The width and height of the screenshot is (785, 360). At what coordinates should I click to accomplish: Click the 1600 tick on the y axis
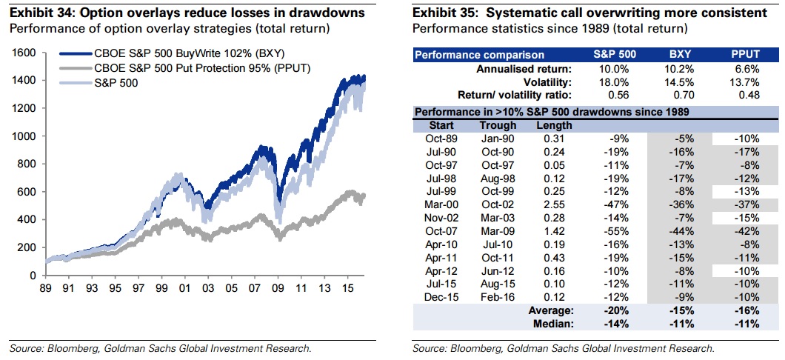[24, 53]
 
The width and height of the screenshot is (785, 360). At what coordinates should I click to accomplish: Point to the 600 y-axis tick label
[27, 192]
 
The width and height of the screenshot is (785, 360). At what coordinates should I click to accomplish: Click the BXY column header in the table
[677, 55]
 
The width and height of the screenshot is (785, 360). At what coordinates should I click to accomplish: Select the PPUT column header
[745, 55]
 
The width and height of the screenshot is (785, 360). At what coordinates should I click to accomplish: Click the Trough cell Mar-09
[498, 231]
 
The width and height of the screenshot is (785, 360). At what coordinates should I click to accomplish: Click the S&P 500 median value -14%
[614, 324]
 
